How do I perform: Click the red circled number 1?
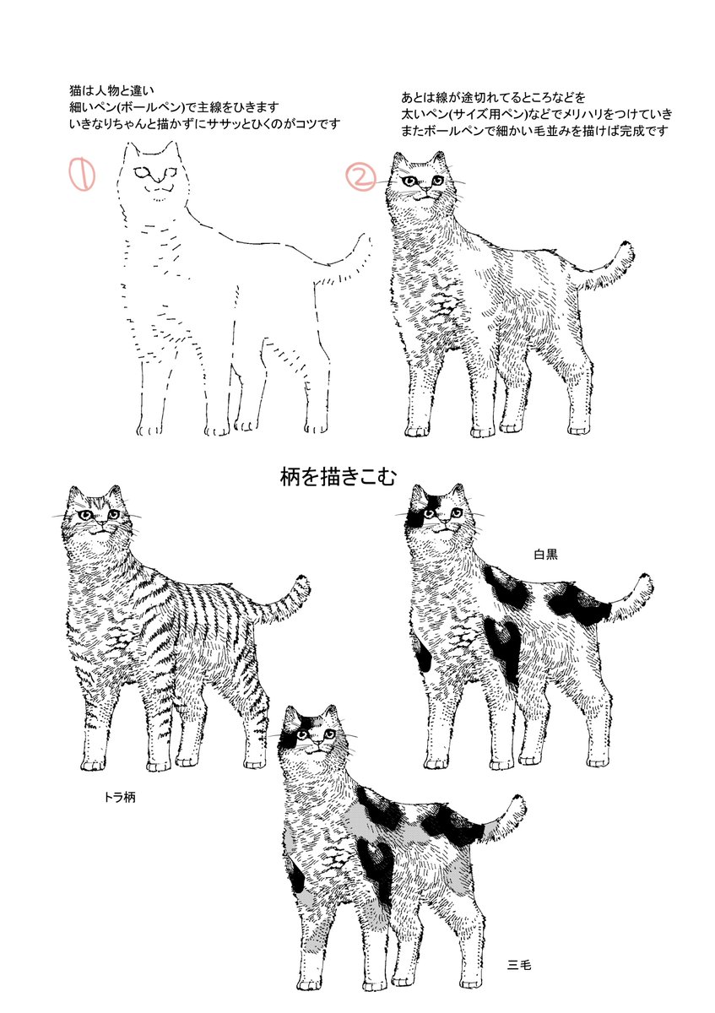click(x=81, y=173)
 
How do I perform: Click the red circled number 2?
click(x=361, y=176)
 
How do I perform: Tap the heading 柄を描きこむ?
click(x=338, y=477)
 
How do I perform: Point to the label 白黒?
click(x=546, y=555)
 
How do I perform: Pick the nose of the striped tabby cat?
click(x=103, y=523)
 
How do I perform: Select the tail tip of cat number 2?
click(x=627, y=247)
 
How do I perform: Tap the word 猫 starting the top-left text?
click(x=75, y=91)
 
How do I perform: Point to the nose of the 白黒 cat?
click(x=445, y=523)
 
